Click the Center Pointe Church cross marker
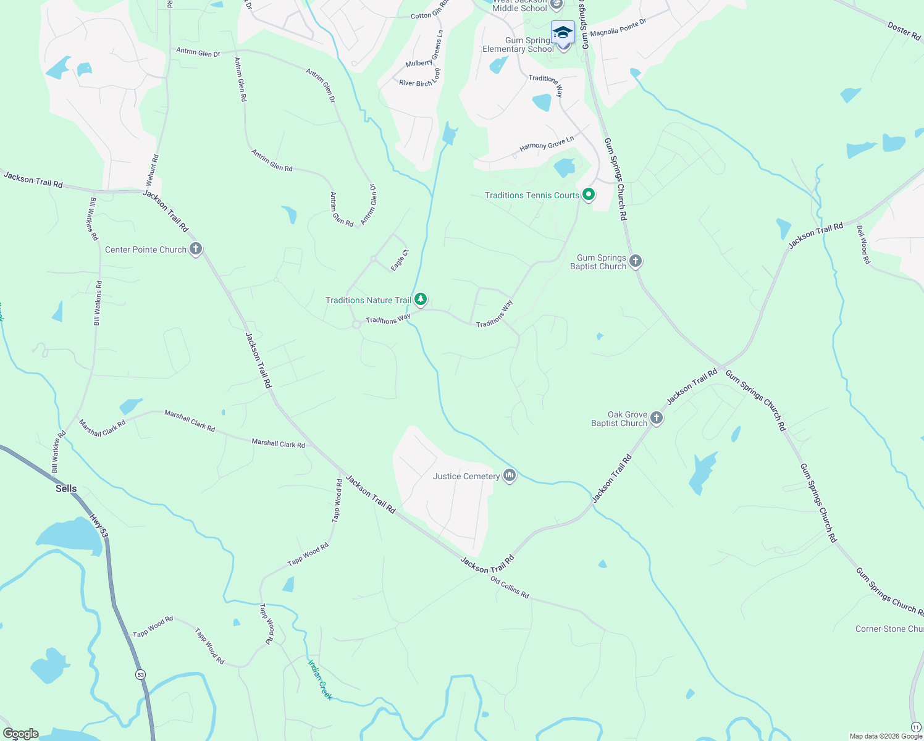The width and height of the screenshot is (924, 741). pos(196,249)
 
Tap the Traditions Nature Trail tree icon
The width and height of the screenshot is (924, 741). pos(421,299)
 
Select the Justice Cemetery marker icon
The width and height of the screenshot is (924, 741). pos(510,475)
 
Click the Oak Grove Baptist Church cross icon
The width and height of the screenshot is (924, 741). pos(657,418)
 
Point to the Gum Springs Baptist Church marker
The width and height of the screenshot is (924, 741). pos(636,261)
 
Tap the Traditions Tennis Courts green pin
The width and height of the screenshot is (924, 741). pos(589,195)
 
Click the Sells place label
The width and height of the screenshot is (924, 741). pos(66,488)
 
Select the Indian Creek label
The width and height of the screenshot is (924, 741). pos(320,679)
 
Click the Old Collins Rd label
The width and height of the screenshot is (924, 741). pos(510,587)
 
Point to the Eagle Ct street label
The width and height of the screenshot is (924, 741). pos(400,261)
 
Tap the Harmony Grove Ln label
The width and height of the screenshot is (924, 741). pos(547,143)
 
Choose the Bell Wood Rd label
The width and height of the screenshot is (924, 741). pos(863,245)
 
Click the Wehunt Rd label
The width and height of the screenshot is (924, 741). pos(152,170)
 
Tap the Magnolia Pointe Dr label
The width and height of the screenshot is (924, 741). pos(618,28)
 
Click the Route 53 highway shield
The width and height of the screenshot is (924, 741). pos(141,675)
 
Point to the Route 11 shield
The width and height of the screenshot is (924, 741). pos(916,727)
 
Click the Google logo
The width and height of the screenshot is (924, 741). pos(20,734)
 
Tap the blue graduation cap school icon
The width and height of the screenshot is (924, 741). pos(563,31)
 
